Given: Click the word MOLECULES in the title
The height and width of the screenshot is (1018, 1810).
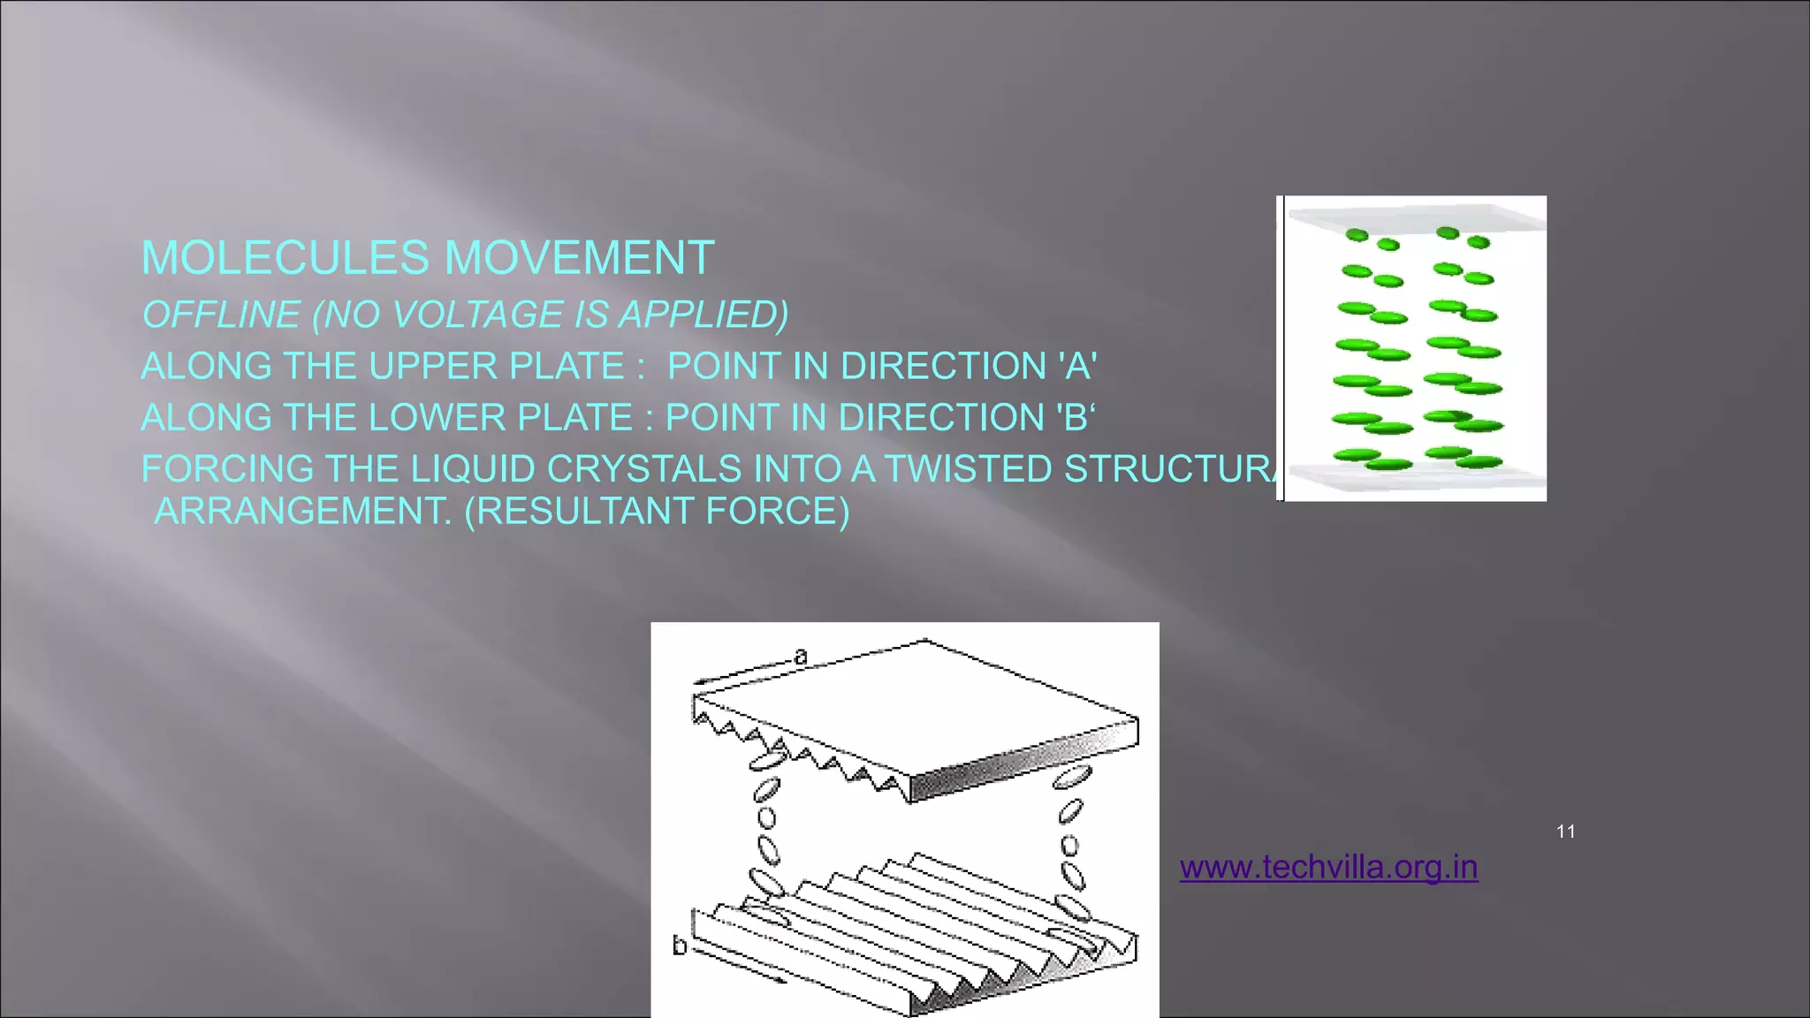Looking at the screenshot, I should pyautogui.click(x=285, y=258).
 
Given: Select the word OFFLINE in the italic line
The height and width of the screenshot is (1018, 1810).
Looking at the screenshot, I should pyautogui.click(x=221, y=315).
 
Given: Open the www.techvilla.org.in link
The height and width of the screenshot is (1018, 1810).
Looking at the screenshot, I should pyautogui.click(x=1328, y=867).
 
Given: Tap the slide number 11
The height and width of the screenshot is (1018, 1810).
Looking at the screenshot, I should pyautogui.click(x=1565, y=832).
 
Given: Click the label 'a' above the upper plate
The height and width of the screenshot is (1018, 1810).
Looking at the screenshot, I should pyautogui.click(x=801, y=656).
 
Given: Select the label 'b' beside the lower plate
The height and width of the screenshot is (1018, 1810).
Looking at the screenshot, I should pyautogui.click(x=679, y=946).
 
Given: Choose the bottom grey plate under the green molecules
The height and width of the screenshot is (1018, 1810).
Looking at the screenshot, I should pyautogui.click(x=1414, y=477).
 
